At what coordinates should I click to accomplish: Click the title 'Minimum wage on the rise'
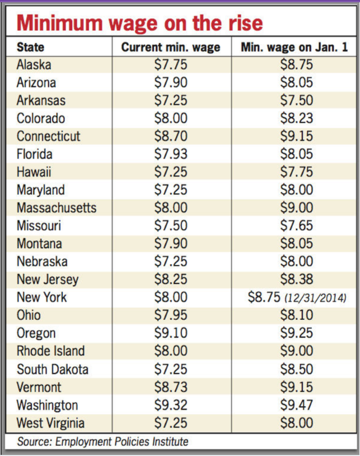pos(139,23)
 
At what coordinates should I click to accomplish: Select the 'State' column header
pos(30,47)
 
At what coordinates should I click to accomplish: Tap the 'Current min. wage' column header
pos(171,47)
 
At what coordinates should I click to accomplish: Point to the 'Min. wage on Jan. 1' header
pos(294,47)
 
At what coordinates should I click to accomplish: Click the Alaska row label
pos(34,65)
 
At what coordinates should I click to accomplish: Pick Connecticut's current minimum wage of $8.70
pos(171,136)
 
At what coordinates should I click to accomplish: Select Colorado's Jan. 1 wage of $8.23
pos(296,118)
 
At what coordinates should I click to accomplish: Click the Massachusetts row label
pos(57,208)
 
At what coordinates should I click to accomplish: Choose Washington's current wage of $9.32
pos(171,405)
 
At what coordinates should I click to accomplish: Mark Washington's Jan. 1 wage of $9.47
pos(296,405)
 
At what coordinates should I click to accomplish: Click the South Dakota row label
pos(53,369)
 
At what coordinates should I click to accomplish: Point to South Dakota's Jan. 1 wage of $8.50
pos(296,369)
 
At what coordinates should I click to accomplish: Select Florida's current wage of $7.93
pos(171,154)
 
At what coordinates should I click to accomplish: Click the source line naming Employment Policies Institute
pos(102,441)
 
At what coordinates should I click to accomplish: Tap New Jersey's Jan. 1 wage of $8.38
pos(296,280)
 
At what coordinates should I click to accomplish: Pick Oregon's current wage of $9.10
pos(171,333)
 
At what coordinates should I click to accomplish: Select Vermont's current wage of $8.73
pos(171,387)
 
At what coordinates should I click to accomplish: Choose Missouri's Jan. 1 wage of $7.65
pos(296,226)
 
